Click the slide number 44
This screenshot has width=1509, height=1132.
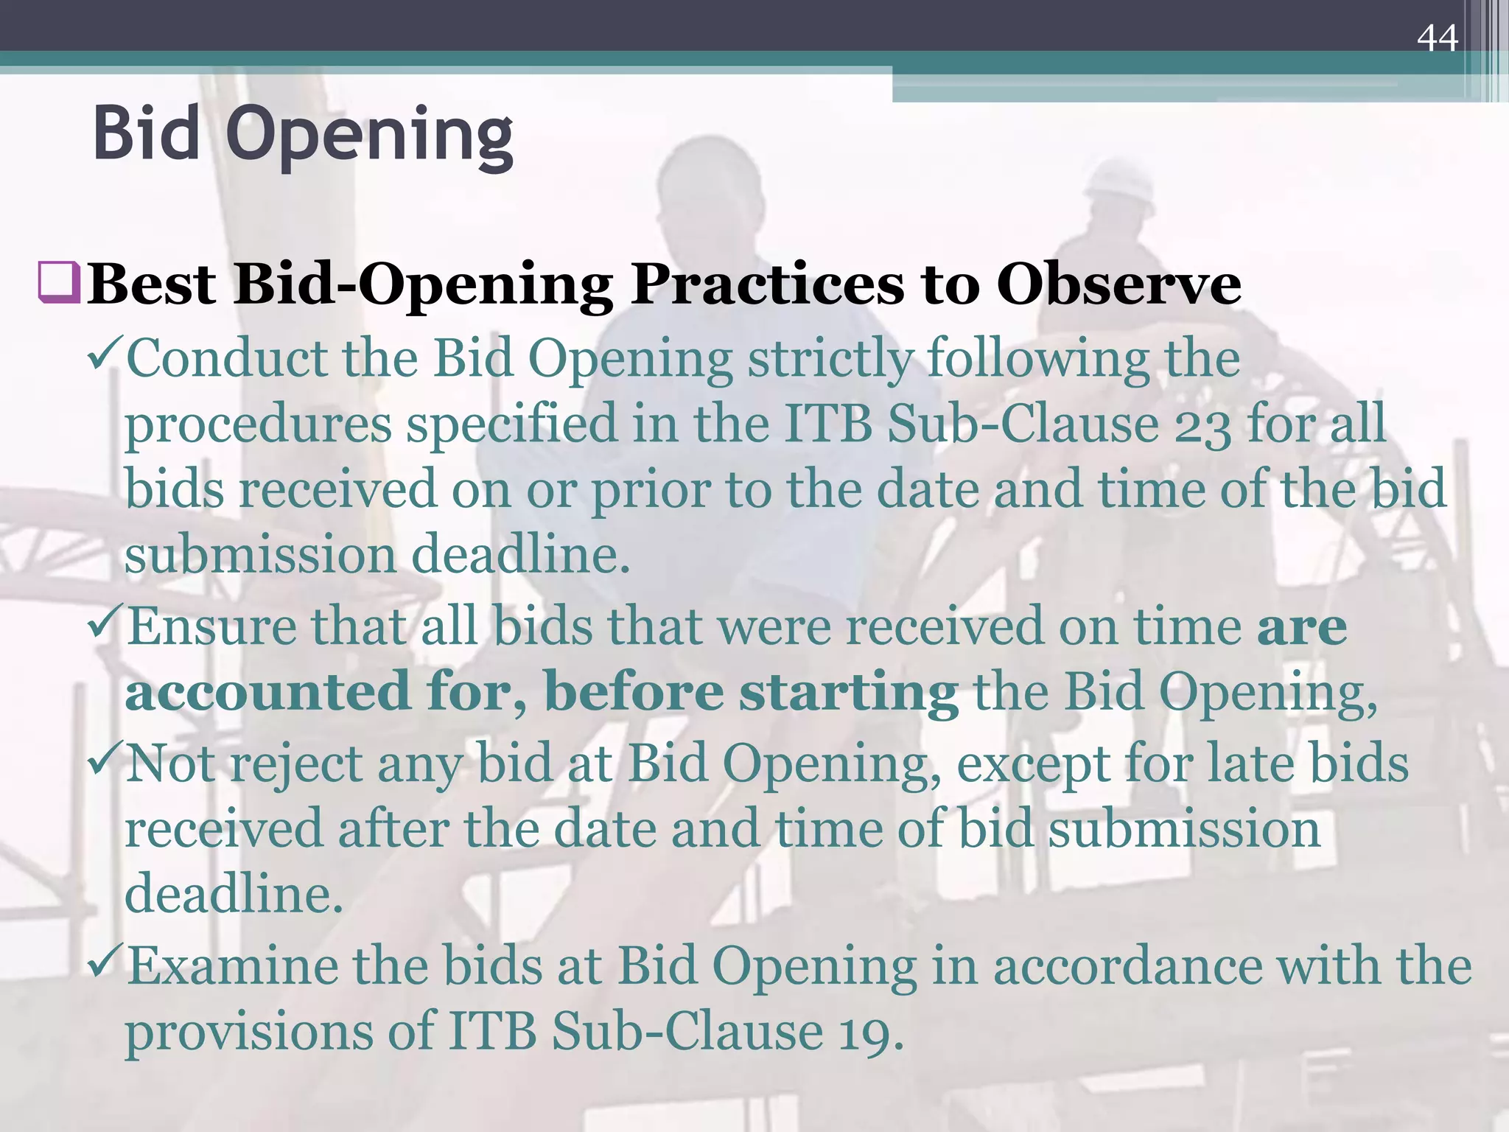[1437, 38]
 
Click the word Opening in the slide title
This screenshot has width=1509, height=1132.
[369, 136]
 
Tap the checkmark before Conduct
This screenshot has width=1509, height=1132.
[105, 355]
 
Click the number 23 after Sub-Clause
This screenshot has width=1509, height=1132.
[1202, 427]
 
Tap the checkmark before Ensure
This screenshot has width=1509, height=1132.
[105, 623]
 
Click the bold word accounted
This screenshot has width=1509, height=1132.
[267, 691]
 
